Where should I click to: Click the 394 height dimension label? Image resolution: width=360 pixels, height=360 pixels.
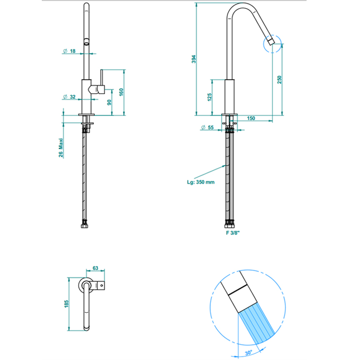(193, 59)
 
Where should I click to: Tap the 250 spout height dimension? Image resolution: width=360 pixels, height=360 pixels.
(279, 79)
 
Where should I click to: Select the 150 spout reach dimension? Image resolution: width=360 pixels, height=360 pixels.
(251, 118)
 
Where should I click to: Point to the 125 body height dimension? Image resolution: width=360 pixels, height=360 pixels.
(209, 97)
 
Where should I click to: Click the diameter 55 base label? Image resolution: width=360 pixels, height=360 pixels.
(209, 127)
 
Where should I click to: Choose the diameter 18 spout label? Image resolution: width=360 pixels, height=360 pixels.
(69, 51)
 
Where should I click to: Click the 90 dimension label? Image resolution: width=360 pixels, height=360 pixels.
(109, 102)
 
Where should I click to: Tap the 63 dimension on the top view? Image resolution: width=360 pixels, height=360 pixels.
(95, 268)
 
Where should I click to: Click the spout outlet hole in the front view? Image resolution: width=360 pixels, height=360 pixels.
(87, 42)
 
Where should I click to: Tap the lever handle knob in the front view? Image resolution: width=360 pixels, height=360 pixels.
(100, 89)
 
